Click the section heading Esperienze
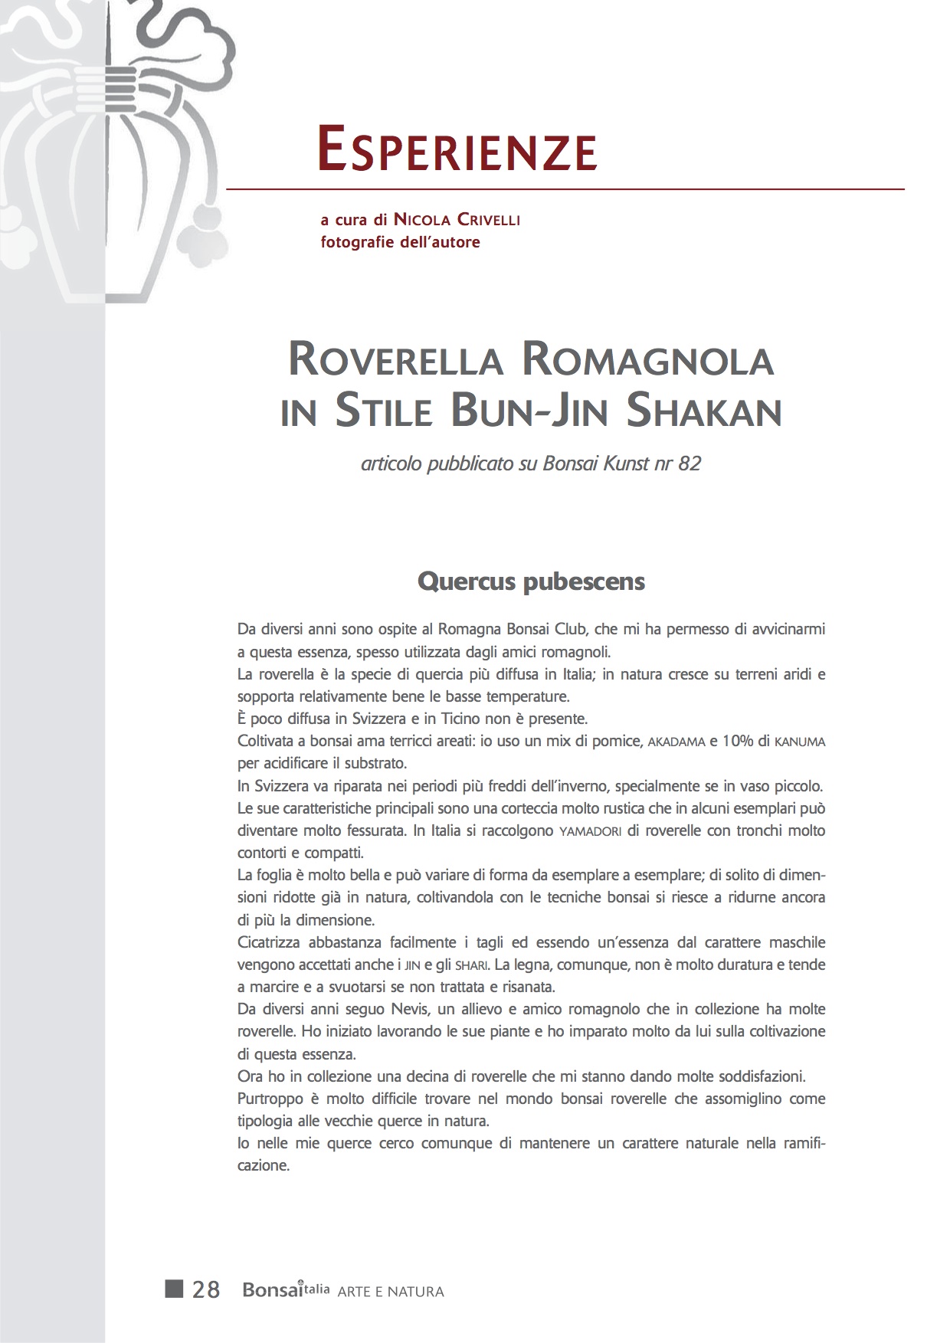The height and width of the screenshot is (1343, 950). (457, 150)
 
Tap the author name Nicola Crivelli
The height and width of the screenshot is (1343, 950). (457, 220)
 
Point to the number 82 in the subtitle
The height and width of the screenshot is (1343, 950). (690, 463)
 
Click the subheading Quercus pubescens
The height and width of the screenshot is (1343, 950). (531, 581)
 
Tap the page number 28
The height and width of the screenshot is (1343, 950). (206, 1290)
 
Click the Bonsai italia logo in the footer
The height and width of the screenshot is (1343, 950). (286, 1290)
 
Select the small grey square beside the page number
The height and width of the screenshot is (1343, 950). (174, 1289)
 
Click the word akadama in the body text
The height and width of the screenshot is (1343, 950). (676, 742)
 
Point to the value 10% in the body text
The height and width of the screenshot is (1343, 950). (739, 742)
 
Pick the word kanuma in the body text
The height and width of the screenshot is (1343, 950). (800, 742)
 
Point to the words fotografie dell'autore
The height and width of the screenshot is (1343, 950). (400, 242)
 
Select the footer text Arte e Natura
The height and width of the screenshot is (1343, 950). (391, 1292)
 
